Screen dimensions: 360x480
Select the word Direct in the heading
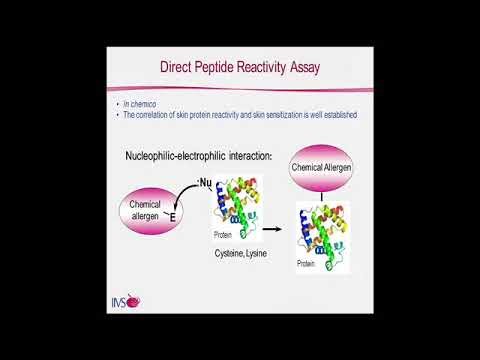pos(184,68)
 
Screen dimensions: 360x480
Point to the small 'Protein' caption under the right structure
pos(311,268)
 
